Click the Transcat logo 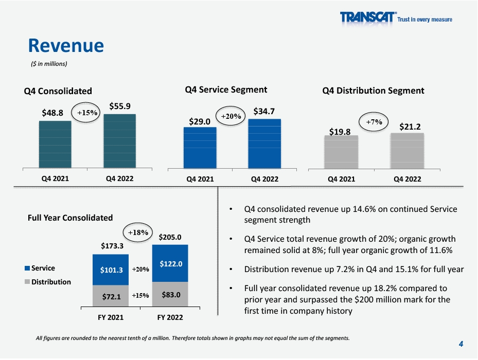click(396, 19)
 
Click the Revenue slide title click(66, 46)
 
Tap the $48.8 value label click(52, 112)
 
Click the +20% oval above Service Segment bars click(231, 117)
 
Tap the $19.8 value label click(340, 132)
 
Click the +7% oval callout click(374, 122)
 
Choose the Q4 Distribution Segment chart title click(373, 91)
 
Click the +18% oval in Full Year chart click(138, 232)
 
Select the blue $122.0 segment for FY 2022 click(170, 263)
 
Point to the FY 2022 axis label click(169, 317)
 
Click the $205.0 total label click(170, 238)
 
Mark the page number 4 click(461, 344)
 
